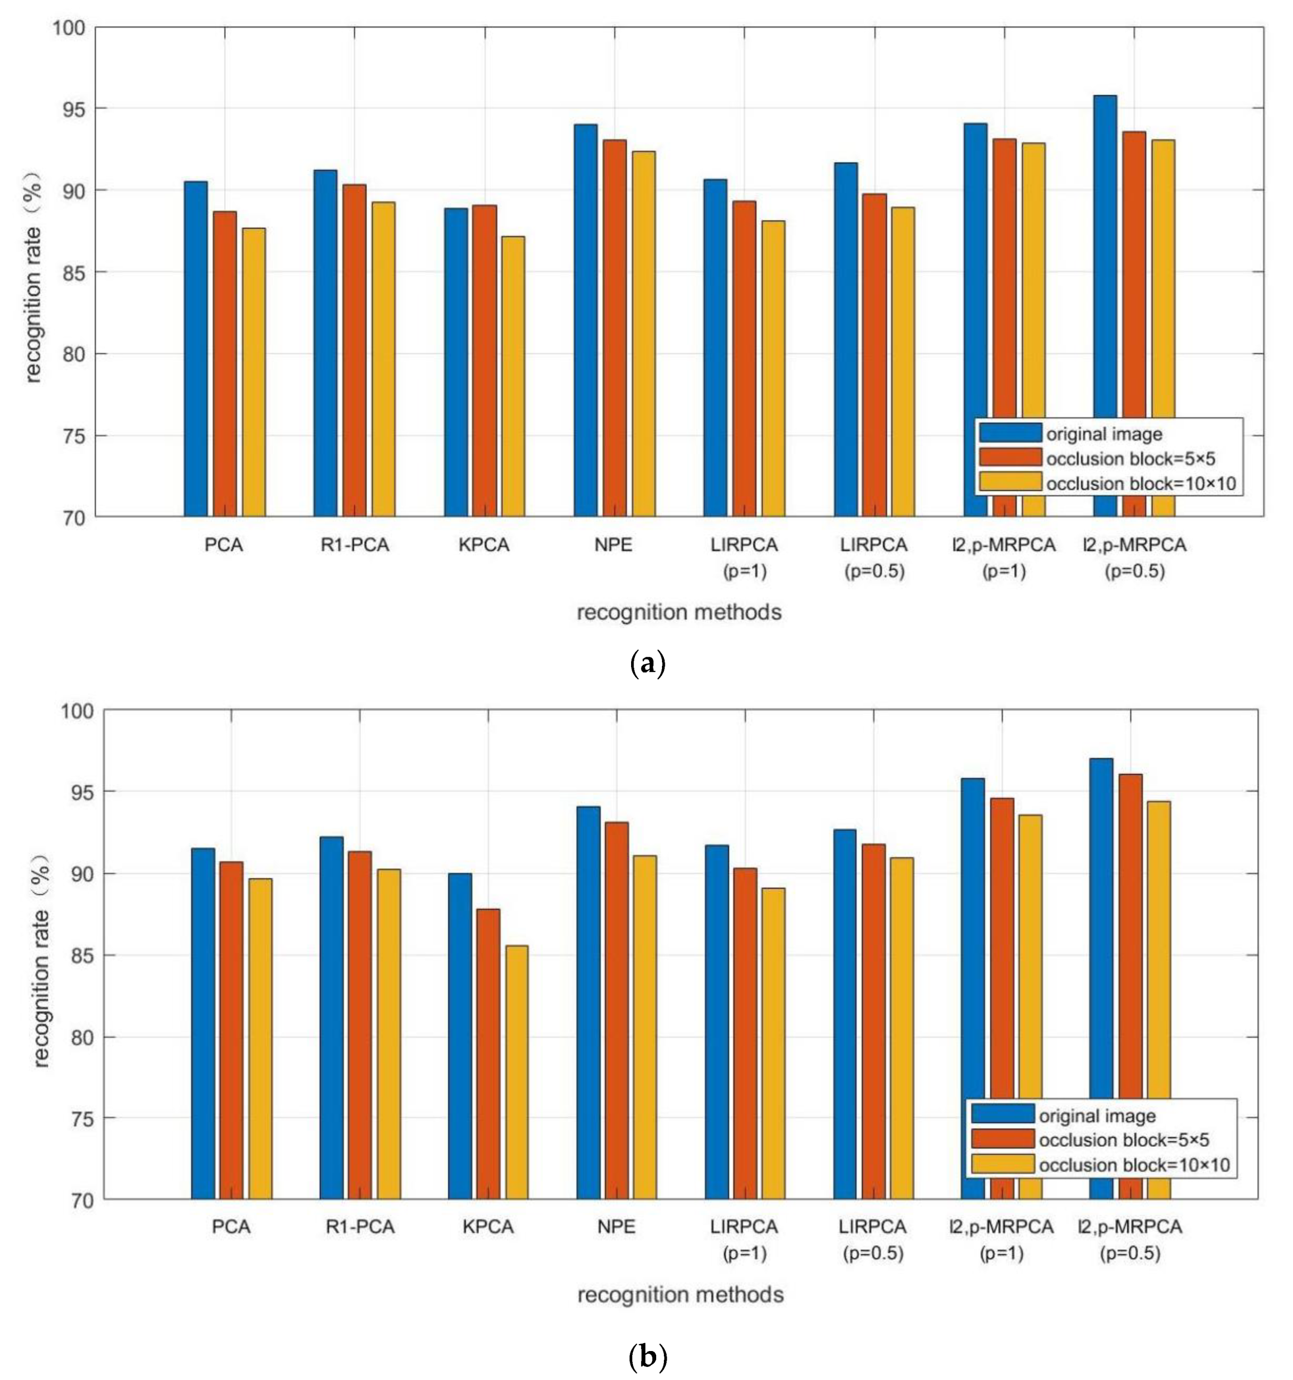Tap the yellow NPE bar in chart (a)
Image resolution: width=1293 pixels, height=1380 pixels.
pyautogui.click(x=644, y=333)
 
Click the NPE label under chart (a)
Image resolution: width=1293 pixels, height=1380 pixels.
pyautogui.click(x=614, y=545)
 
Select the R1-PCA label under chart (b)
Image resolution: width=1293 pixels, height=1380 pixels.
pyautogui.click(x=360, y=1227)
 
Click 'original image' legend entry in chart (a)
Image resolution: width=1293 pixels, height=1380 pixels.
pyautogui.click(x=1103, y=435)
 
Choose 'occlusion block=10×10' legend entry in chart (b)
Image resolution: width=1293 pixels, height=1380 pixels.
pyautogui.click(x=1133, y=1165)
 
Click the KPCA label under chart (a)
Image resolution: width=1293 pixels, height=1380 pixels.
pyautogui.click(x=484, y=545)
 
